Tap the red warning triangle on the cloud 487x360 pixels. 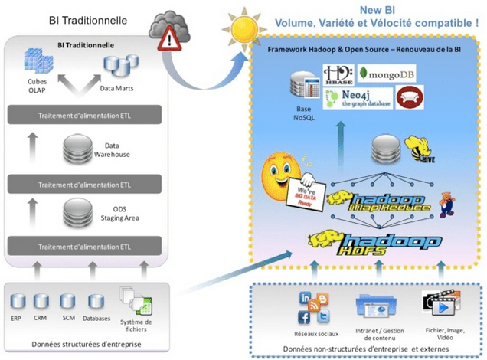pyautogui.click(x=166, y=43)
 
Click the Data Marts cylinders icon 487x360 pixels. pyautogui.click(x=116, y=64)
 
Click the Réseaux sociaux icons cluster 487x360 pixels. pyautogui.click(x=315, y=308)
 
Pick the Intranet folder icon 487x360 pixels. pyautogui.click(x=379, y=308)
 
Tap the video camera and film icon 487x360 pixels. pyautogui.click(x=441, y=306)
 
